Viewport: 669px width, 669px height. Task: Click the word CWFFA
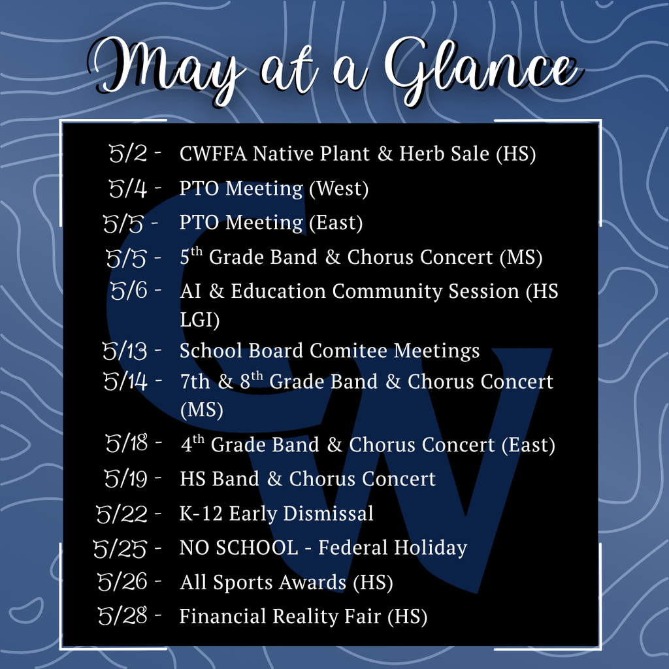(213, 154)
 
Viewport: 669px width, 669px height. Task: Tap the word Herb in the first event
(422, 154)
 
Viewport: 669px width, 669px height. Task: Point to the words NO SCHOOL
(238, 547)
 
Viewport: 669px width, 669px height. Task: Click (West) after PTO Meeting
(338, 189)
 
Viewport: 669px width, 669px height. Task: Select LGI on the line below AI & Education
(199, 320)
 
